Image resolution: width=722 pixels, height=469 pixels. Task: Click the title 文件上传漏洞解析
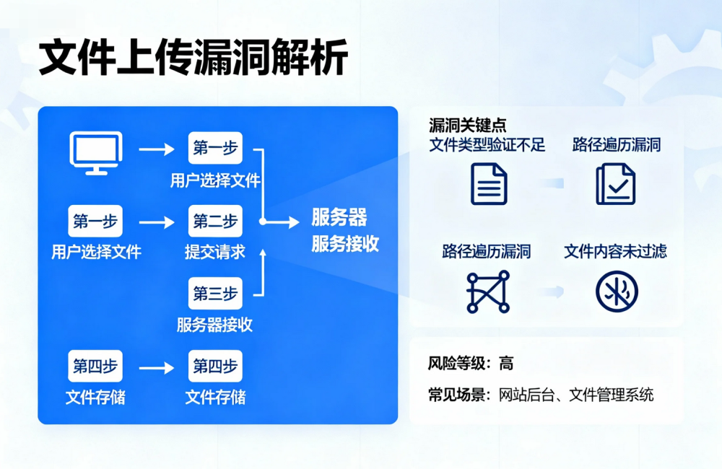(x=193, y=58)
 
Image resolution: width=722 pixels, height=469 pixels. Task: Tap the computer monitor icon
(x=95, y=152)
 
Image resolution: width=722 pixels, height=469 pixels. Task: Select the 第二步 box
(x=215, y=222)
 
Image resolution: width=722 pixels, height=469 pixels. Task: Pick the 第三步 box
(x=215, y=294)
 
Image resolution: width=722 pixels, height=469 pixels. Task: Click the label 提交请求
(x=215, y=253)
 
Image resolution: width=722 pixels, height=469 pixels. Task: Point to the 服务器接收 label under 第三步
(x=215, y=325)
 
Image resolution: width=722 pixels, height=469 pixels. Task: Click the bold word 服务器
(x=339, y=217)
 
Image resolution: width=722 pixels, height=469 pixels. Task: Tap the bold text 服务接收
(x=345, y=244)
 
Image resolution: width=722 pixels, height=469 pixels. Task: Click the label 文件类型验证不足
(x=487, y=144)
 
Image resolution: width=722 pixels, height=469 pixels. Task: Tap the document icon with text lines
(x=489, y=183)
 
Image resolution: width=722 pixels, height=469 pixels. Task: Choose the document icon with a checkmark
(x=616, y=183)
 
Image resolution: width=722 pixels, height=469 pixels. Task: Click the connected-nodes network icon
(x=487, y=292)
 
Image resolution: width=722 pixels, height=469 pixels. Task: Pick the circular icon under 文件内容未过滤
(x=617, y=292)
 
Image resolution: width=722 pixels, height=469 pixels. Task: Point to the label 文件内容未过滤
(x=615, y=251)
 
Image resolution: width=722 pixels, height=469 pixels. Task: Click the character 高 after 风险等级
(x=506, y=364)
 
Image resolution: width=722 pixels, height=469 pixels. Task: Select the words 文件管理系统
(x=612, y=395)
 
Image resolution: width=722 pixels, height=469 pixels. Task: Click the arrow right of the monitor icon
(x=157, y=150)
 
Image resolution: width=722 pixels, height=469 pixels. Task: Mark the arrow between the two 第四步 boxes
(x=157, y=368)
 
